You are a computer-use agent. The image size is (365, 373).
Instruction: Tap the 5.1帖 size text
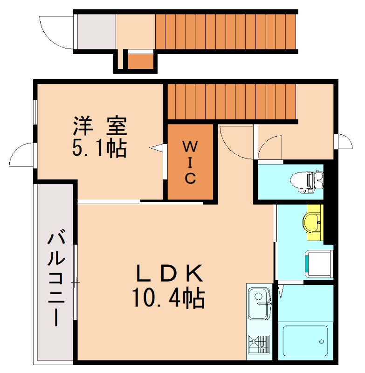99,148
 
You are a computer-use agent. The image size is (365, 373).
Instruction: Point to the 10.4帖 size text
168,298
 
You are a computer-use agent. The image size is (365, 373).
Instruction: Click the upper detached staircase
226,31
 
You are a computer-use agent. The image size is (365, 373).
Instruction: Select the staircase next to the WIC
232,102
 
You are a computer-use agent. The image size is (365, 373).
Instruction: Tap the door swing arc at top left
56,32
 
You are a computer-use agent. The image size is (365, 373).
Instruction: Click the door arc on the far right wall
344,141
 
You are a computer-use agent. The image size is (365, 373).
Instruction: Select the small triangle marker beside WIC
157,148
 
